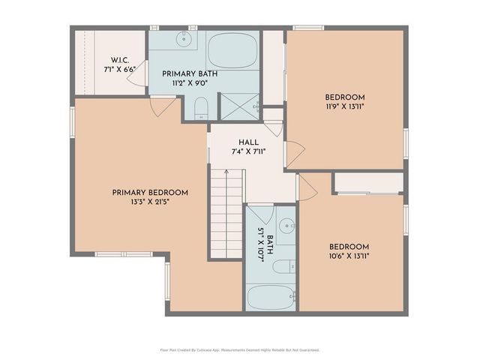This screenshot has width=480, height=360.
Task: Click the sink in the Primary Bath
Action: [183, 39]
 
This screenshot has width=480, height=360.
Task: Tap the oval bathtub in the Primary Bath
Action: [233, 50]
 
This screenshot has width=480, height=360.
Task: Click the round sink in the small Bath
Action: [286, 226]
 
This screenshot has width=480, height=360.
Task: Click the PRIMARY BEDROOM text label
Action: [150, 193]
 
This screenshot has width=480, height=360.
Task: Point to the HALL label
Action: [249, 142]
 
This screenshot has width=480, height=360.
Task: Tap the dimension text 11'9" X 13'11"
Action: [344, 108]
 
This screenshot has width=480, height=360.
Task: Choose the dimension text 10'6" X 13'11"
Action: [349, 256]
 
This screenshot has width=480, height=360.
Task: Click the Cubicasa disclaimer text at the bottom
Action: [240, 349]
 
